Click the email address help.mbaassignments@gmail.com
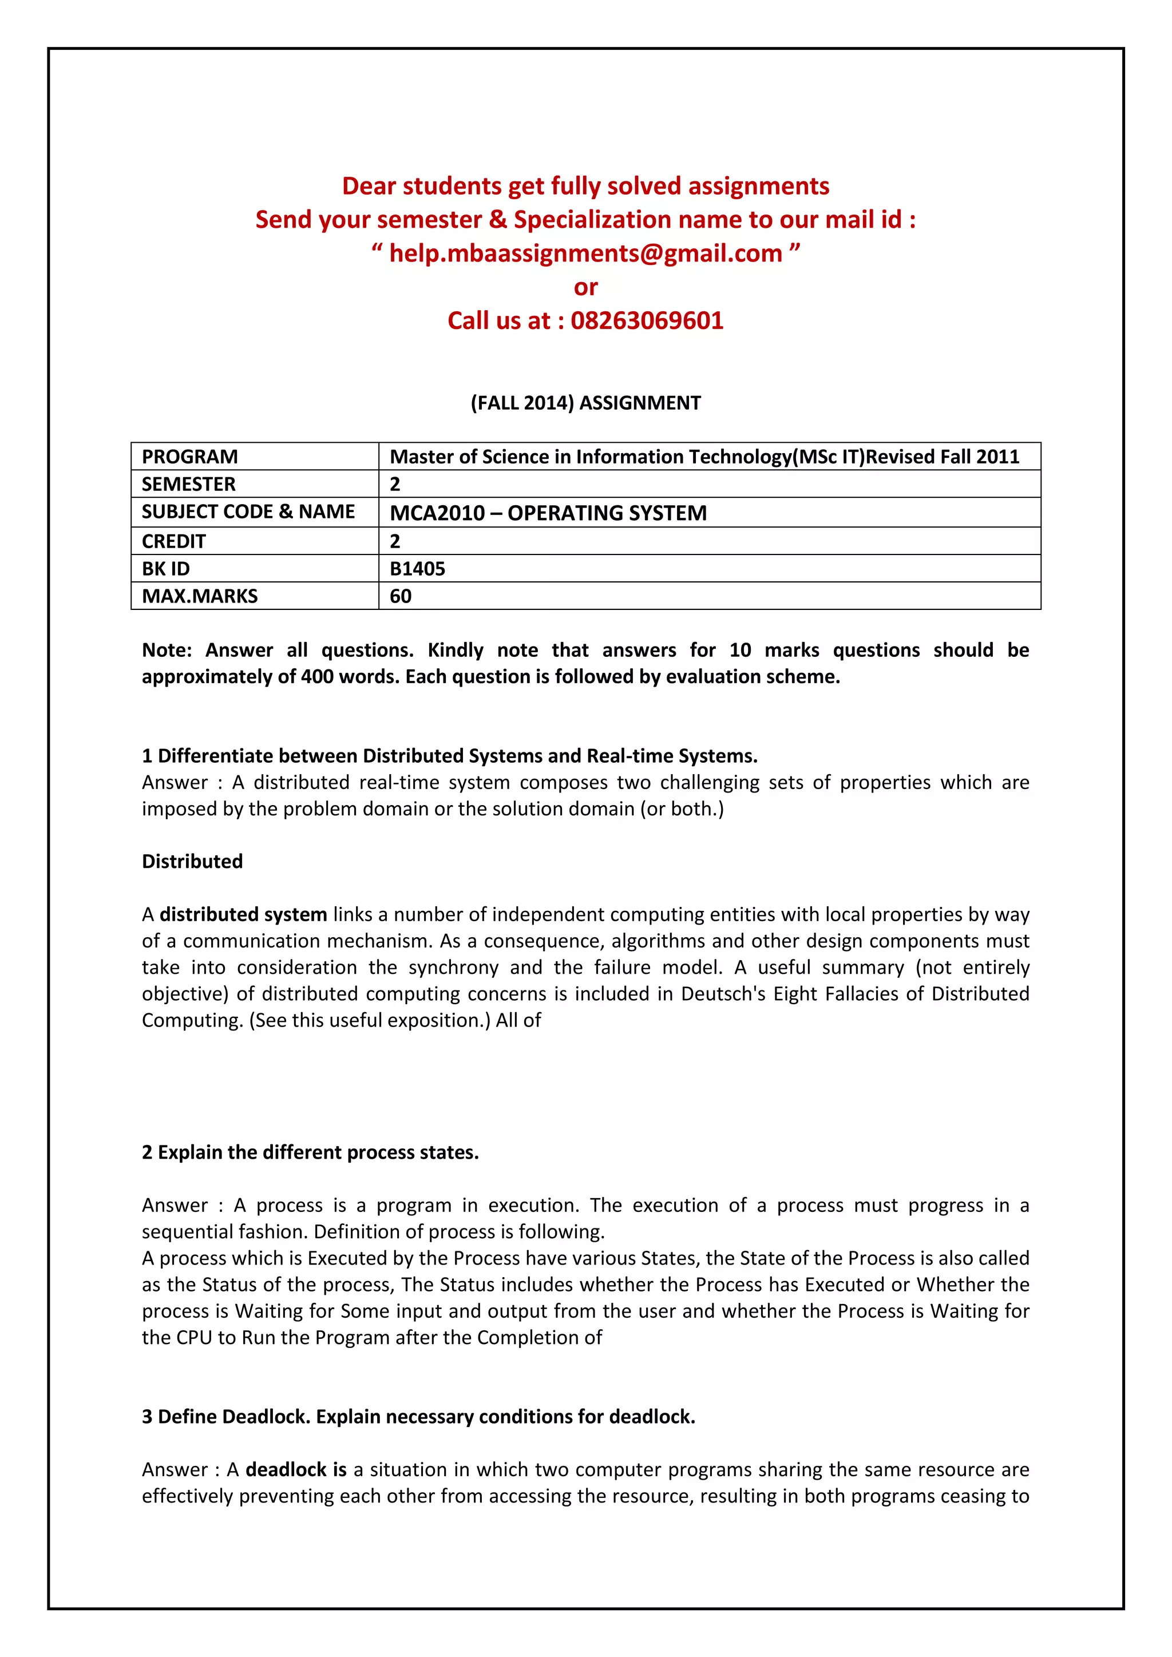pyautogui.click(x=585, y=253)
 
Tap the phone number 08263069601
pyautogui.click(x=647, y=320)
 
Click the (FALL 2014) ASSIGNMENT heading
pyautogui.click(x=585, y=403)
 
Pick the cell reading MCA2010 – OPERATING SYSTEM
pyautogui.click(x=548, y=513)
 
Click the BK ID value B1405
pyautogui.click(x=417, y=569)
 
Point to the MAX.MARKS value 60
pyautogui.click(x=401, y=596)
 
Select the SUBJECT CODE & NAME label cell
pyautogui.click(x=248, y=512)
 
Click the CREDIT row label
pyautogui.click(x=174, y=541)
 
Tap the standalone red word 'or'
pyautogui.click(x=585, y=287)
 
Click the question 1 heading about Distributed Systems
pyautogui.click(x=449, y=756)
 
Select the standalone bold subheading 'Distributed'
pyautogui.click(x=192, y=861)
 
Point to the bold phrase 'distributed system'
pyautogui.click(x=243, y=914)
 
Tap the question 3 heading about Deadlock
pyautogui.click(x=418, y=1417)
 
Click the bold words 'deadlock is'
pyautogui.click(x=296, y=1469)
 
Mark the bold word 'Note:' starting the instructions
pyautogui.click(x=167, y=650)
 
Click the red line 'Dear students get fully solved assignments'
pyautogui.click(x=585, y=186)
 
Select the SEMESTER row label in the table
pyautogui.click(x=188, y=484)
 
